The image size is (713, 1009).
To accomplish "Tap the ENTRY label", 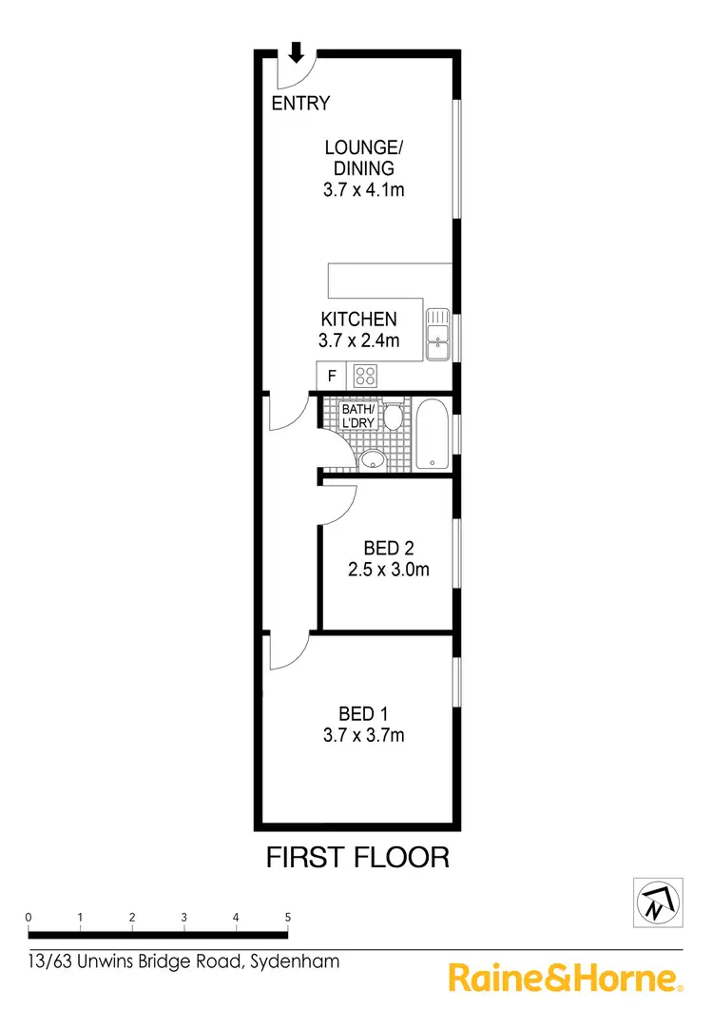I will click(x=300, y=104).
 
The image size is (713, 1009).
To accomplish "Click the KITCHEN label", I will click(x=358, y=319).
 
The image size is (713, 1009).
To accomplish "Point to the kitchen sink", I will click(x=437, y=333).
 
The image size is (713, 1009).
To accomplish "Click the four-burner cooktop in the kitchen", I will click(x=365, y=376).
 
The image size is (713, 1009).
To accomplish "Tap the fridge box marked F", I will click(x=331, y=376).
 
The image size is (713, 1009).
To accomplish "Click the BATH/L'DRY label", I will click(x=359, y=416).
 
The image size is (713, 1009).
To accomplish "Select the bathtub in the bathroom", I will click(x=431, y=435).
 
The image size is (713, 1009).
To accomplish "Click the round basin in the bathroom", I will click(x=372, y=459).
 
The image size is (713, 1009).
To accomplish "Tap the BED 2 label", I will click(x=388, y=548).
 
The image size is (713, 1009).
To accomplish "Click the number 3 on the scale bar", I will click(x=183, y=918).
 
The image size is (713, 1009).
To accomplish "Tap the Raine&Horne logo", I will click(x=565, y=978).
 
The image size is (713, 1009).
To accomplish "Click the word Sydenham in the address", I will click(x=294, y=961).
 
